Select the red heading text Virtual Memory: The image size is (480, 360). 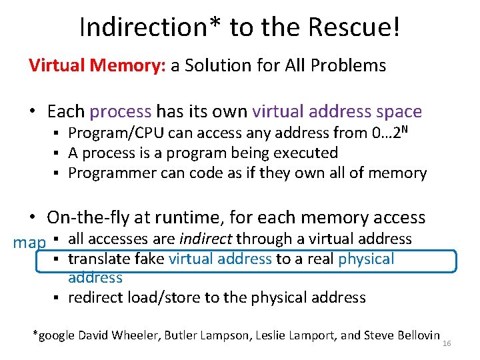[97, 65]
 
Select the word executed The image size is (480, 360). [305, 153]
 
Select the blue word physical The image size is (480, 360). [366, 259]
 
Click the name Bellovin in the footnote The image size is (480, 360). [415, 335]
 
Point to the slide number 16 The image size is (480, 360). [447, 343]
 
